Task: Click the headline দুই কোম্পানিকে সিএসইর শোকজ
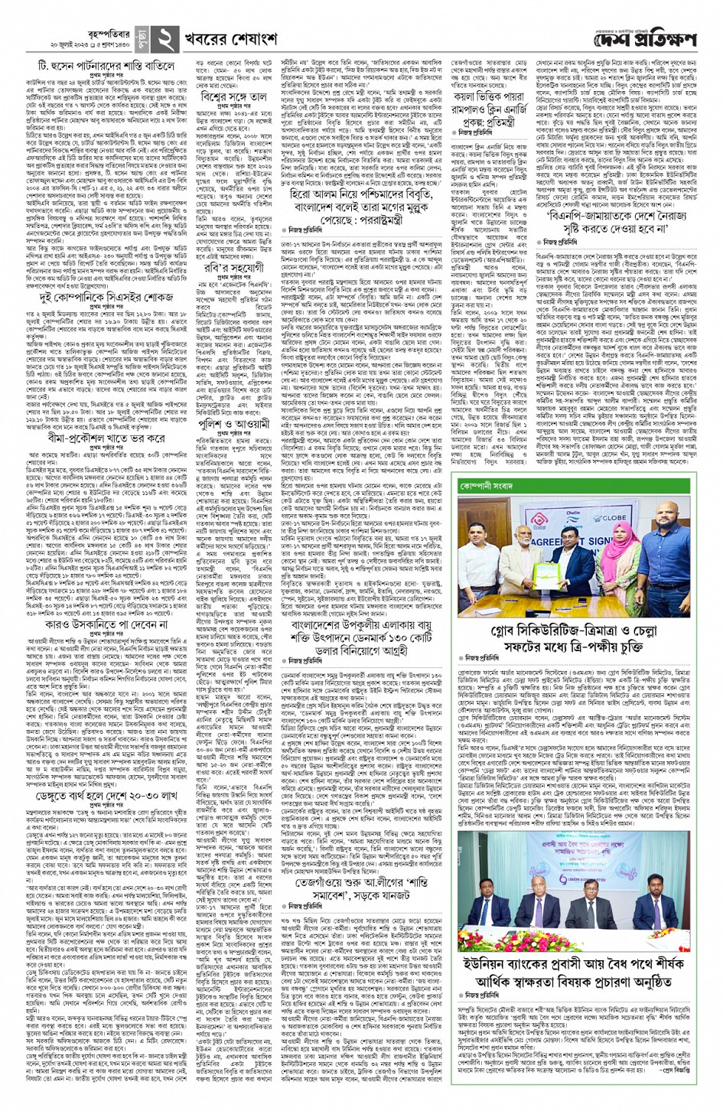pyautogui.click(x=107, y=294)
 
